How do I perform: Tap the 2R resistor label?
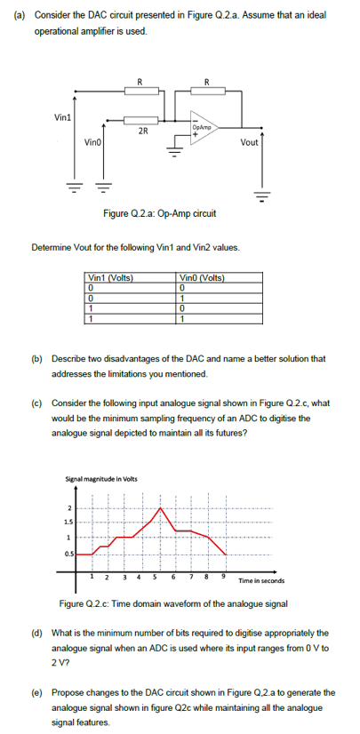[141, 132]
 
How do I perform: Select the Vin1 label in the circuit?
[62, 116]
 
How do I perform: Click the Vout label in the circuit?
[250, 142]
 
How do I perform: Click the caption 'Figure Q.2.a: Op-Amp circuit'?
[160, 213]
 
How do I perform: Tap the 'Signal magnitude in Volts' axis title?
[100, 480]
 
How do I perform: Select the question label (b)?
[38, 362]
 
